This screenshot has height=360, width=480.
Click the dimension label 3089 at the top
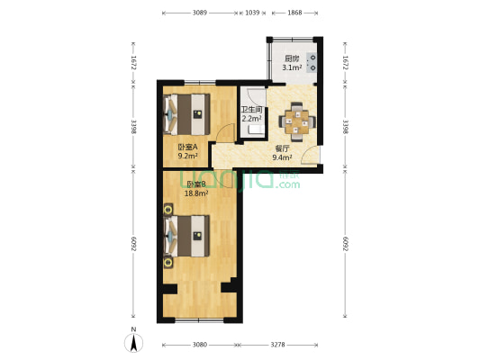[x=200, y=13]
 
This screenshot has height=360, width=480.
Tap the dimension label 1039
[x=252, y=13]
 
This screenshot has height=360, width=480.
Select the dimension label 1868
[x=294, y=13]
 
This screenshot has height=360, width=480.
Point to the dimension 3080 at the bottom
[x=200, y=345]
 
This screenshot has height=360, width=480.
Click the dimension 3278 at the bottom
[x=277, y=345]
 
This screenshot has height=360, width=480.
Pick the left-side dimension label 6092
[x=133, y=244]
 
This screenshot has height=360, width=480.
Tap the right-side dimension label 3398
[x=345, y=127]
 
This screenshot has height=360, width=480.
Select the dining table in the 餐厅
[x=296, y=121]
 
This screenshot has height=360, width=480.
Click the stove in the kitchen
[x=312, y=63]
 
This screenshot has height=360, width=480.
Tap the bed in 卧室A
[x=186, y=114]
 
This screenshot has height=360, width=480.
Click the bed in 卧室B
[x=186, y=236]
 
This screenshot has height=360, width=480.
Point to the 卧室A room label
[x=187, y=147]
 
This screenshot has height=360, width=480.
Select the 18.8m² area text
[x=196, y=193]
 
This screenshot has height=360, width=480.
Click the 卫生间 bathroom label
[x=251, y=110]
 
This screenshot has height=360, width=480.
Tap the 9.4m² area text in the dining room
[x=282, y=157]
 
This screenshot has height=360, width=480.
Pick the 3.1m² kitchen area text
[x=292, y=67]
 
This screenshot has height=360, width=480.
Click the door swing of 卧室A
[x=225, y=133]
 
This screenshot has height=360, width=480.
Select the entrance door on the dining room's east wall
[x=311, y=155]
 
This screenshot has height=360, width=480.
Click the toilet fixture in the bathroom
[x=256, y=130]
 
